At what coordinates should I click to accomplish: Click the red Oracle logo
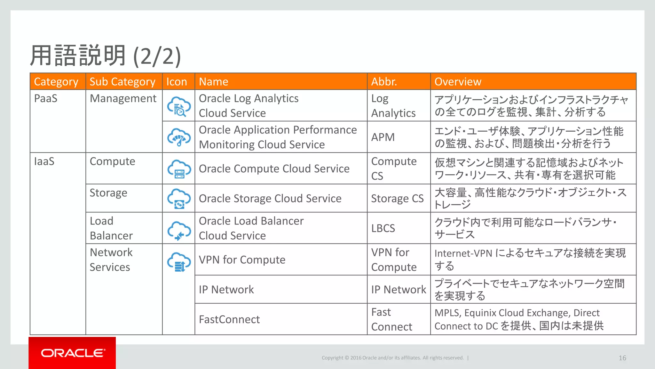point(72,353)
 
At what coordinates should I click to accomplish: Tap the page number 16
point(622,358)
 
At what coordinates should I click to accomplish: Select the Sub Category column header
point(122,82)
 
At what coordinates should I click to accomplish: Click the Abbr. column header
point(384,82)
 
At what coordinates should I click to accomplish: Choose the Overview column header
point(458,82)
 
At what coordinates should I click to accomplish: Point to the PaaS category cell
point(46,98)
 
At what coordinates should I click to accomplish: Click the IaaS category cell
point(44,161)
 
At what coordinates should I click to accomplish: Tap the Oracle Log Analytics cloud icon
point(179,106)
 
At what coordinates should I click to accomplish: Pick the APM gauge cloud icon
point(179,137)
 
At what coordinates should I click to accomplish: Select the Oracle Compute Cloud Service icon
point(179,169)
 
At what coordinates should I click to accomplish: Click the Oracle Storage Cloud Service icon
point(179,198)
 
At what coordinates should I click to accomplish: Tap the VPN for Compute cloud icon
point(179,261)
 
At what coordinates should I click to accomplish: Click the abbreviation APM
point(383,137)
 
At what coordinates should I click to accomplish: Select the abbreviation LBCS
point(383,228)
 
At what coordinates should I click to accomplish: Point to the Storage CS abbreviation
point(397,199)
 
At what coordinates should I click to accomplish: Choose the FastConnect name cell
point(229,319)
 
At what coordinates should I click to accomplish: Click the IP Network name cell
point(226,290)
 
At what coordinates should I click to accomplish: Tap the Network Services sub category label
point(111,260)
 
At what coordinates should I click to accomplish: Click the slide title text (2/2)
point(157,56)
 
